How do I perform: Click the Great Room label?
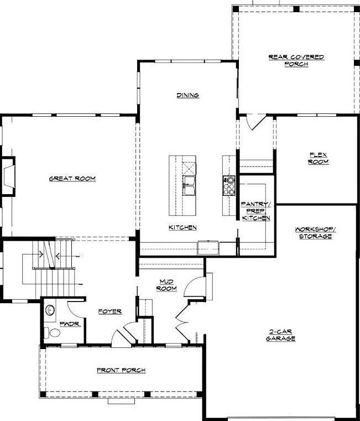(x=72, y=179)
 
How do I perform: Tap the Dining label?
(x=188, y=95)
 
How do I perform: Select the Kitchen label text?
(x=183, y=227)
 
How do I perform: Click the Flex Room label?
(x=319, y=158)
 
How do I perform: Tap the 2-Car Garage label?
(x=281, y=335)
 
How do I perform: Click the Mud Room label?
(x=166, y=285)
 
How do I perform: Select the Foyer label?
(x=110, y=311)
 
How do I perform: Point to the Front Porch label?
(x=121, y=370)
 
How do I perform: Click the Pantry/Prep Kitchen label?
(x=255, y=211)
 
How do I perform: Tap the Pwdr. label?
(x=71, y=324)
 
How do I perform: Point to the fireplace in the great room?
(x=8, y=176)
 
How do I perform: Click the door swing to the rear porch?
(x=253, y=122)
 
